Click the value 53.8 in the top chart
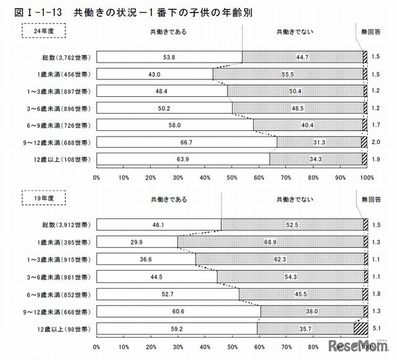(168, 56)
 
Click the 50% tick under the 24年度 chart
(231, 177)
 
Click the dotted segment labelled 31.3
(319, 142)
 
